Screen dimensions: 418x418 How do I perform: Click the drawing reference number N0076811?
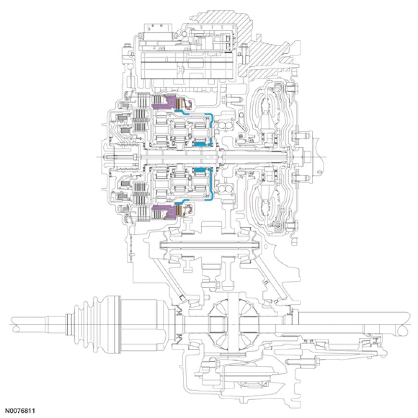[21, 411]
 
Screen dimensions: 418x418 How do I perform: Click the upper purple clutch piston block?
[163, 102]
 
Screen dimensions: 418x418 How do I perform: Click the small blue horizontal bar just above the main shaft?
[200, 143]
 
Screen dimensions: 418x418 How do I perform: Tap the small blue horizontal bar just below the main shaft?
[200, 170]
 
